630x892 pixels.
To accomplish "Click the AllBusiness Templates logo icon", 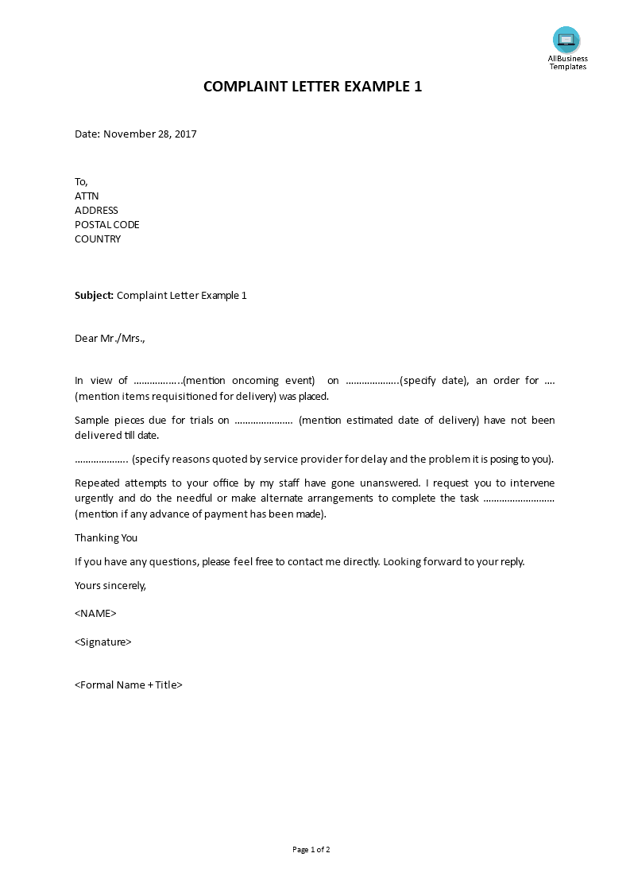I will [566, 40].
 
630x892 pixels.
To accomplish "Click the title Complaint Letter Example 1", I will [312, 87].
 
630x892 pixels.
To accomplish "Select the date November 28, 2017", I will [150, 134].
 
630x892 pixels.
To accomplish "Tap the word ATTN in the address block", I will [87, 196].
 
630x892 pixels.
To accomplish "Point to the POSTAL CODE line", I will [107, 225].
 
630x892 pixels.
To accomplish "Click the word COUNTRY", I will [98, 239].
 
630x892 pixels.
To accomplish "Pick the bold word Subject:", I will [95, 296].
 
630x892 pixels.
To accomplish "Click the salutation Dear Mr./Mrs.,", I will [110, 339].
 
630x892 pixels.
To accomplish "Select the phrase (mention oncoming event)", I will [249, 381].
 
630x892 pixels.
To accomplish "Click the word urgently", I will [95, 498].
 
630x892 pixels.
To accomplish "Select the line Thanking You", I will [106, 538].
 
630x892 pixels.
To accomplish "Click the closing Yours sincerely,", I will [110, 586].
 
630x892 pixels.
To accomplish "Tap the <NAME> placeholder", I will [95, 614].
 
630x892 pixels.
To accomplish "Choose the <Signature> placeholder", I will [103, 642].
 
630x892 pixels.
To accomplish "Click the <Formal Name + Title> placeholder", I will [129, 685].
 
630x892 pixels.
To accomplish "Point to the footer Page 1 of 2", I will [311, 850].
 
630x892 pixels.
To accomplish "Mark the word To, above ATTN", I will [82, 182].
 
